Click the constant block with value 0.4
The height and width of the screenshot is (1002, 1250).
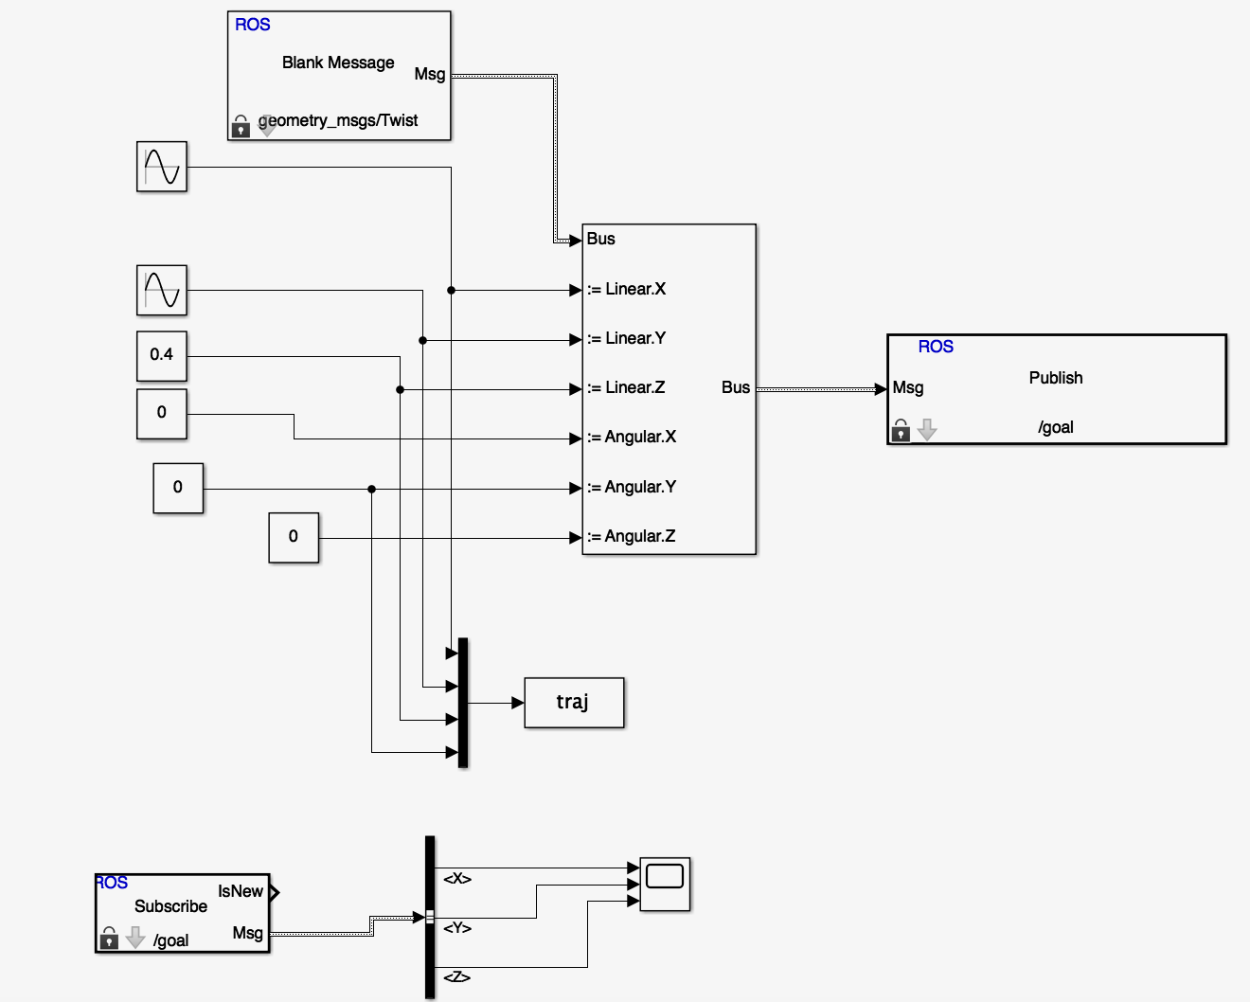coord(162,356)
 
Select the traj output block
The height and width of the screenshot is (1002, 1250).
coord(574,703)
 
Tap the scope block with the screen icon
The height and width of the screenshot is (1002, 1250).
coord(665,884)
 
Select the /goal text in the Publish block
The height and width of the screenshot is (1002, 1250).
coord(1056,427)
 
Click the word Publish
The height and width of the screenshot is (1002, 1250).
coord(1056,378)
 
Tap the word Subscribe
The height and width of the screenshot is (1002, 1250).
coord(170,906)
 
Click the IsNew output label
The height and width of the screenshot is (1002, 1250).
coord(240,891)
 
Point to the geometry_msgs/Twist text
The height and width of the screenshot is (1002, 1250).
coord(338,120)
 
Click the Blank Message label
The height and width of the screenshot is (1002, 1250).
coord(338,63)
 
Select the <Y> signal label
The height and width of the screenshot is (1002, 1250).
coord(457,928)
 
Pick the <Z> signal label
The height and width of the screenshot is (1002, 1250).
coord(457,977)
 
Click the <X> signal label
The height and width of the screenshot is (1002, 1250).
coord(457,879)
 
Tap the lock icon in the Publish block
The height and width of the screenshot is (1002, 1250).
coord(901,431)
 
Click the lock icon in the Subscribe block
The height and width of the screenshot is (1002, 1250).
coord(109,939)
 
